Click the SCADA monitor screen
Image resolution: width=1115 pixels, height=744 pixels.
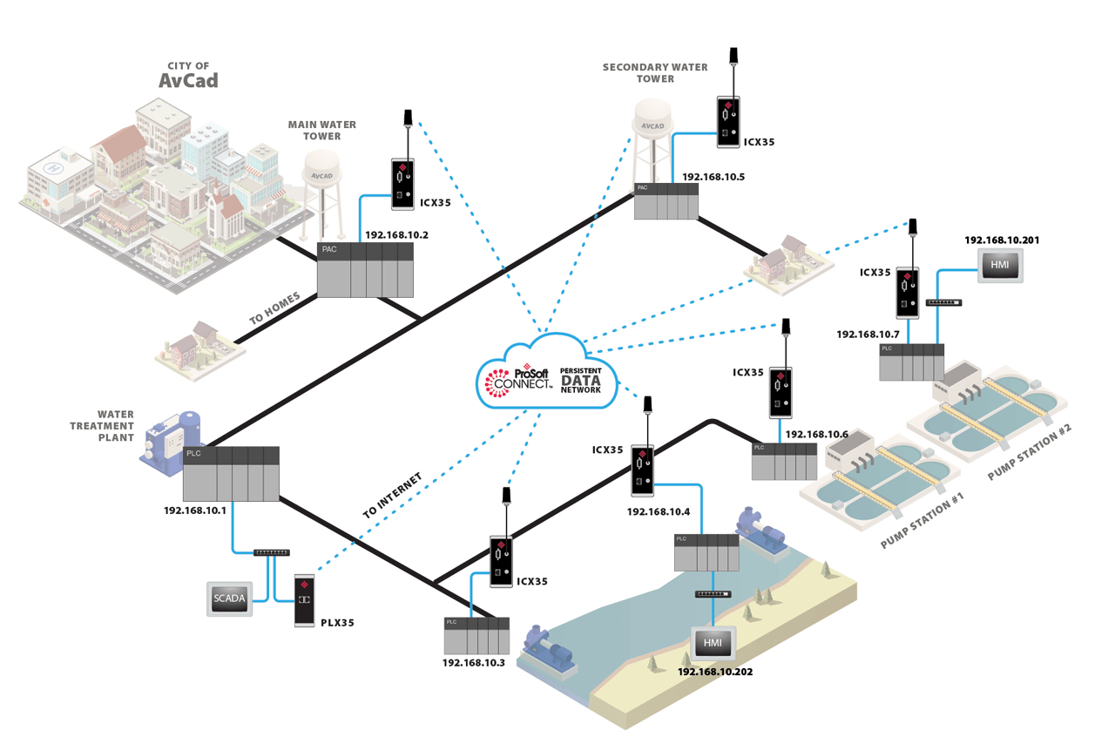[x=230, y=599]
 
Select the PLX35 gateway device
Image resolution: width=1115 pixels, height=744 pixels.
[x=304, y=600]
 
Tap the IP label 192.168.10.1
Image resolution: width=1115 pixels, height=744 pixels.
[x=195, y=511]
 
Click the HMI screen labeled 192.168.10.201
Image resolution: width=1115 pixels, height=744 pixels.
[x=997, y=264]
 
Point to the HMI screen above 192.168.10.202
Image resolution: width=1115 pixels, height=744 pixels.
[x=713, y=643]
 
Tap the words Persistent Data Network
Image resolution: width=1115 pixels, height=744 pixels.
[x=581, y=380]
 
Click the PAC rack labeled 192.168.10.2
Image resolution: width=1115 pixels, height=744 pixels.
[x=365, y=269]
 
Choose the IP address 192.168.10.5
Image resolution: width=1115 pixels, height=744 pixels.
[x=713, y=176]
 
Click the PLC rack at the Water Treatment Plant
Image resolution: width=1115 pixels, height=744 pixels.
[x=231, y=473]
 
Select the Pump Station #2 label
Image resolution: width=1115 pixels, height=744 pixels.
[x=1030, y=450]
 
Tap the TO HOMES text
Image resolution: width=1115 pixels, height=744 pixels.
[x=274, y=309]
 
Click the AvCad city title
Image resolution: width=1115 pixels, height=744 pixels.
[x=188, y=81]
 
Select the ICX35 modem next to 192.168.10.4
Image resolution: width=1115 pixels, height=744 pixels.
[x=643, y=470]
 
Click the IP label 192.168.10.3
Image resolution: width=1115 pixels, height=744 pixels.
[x=474, y=663]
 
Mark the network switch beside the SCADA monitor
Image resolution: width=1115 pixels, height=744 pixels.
[x=271, y=552]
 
